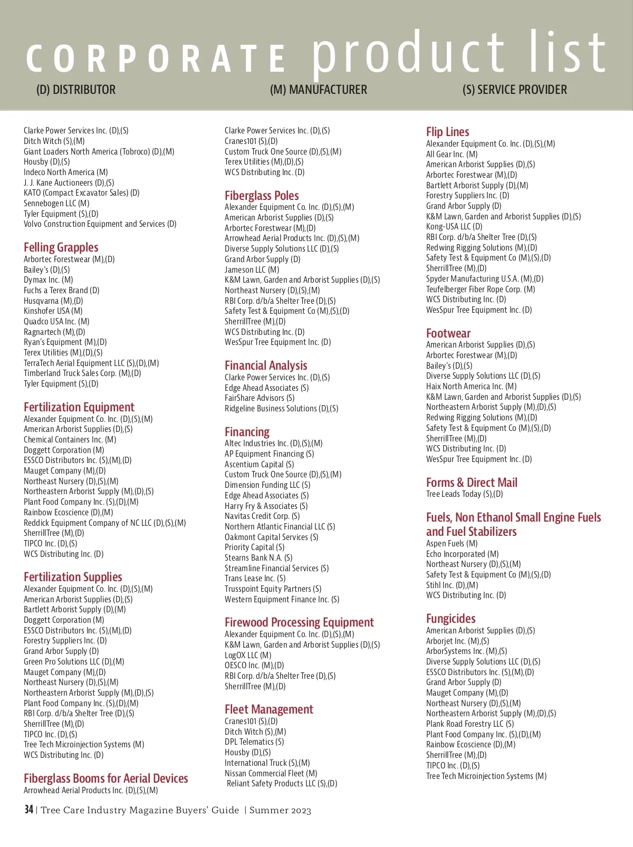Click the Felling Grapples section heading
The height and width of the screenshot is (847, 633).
61,247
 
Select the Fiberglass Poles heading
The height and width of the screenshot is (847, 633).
262,196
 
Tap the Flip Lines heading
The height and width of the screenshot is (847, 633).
447,132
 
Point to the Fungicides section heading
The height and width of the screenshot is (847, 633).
450,619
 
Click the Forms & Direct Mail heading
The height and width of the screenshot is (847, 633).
472,483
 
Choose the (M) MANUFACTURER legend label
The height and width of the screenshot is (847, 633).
318,90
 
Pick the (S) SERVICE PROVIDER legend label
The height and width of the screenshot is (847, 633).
514,90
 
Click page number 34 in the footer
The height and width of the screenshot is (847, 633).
28,810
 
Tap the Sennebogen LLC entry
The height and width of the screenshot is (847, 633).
56,204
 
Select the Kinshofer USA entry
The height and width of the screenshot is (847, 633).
53,311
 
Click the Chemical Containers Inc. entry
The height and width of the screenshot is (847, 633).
70,440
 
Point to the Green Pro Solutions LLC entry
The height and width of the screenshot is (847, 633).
74,662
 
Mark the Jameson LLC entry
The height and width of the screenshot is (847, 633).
252,269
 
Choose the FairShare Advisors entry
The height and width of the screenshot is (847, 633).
260,398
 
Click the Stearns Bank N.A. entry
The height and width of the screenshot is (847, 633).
258,558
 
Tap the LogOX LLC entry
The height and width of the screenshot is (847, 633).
248,655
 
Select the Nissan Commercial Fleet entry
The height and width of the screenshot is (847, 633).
271,773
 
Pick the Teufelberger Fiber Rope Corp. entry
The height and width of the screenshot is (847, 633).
481,289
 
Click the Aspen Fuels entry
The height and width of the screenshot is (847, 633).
452,544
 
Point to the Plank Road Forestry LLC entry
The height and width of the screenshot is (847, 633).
469,724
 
